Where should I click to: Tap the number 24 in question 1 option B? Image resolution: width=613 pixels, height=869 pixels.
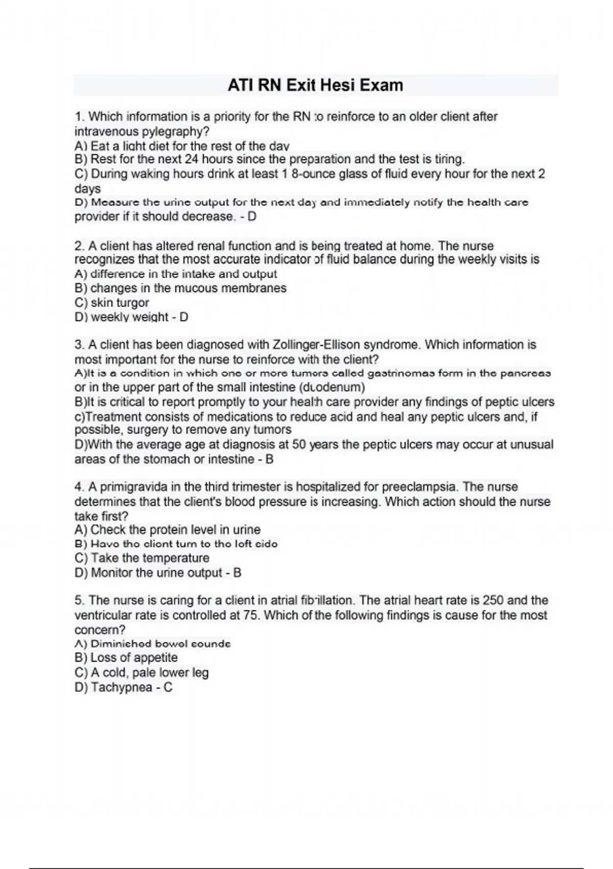pos(192,159)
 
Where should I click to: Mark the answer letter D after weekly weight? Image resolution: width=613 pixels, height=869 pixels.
pos(183,317)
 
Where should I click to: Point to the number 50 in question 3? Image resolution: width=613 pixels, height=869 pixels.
pos(299,445)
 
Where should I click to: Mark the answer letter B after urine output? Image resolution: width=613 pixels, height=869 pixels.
pos(237,573)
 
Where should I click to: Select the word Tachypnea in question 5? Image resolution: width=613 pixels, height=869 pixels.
pos(122,688)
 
